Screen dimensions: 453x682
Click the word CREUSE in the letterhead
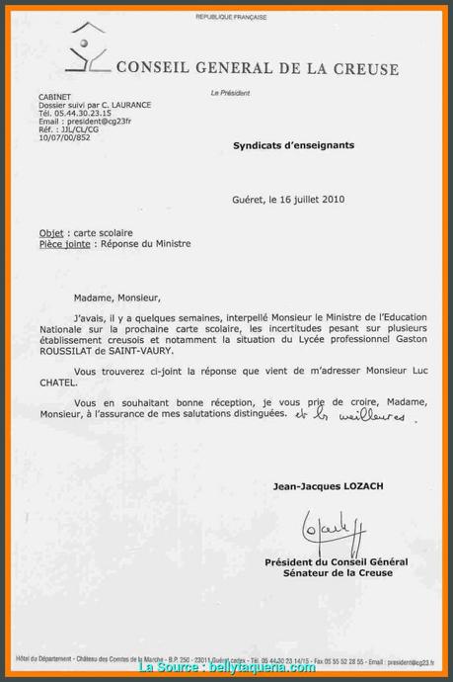tap(366, 69)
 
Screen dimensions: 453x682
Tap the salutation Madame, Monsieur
tap(115, 295)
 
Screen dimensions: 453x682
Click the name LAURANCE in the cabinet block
tap(128, 104)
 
